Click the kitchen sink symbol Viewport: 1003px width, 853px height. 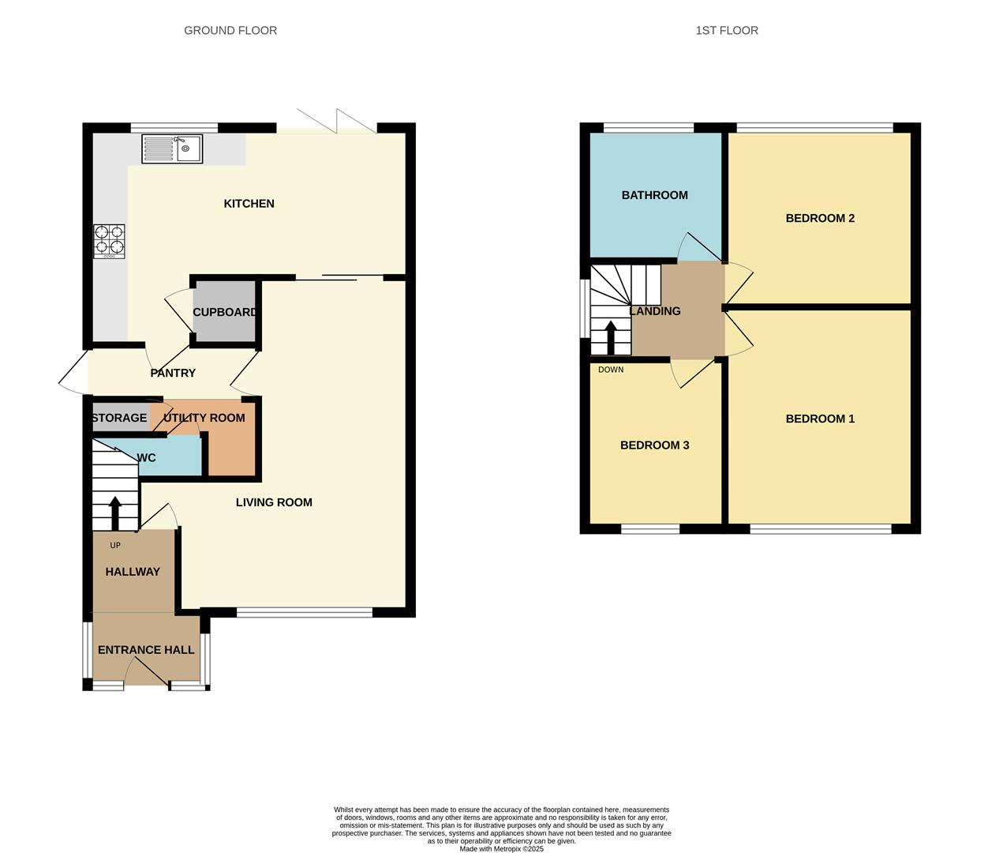[x=172, y=148]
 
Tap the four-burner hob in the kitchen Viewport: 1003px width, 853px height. [x=109, y=242]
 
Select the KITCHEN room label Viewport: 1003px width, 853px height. [x=249, y=204]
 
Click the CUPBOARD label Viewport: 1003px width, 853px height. [x=224, y=312]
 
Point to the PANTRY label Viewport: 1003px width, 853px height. [x=173, y=373]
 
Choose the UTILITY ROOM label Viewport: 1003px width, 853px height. [x=204, y=418]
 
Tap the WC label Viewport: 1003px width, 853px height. [x=147, y=458]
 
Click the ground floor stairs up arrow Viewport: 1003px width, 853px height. [x=114, y=513]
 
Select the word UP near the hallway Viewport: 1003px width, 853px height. [x=115, y=546]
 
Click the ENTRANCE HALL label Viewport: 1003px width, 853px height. [x=146, y=650]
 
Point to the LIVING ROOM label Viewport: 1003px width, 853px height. [x=274, y=502]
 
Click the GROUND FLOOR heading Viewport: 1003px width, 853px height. [x=230, y=31]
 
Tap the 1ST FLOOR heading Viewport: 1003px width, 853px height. [x=727, y=31]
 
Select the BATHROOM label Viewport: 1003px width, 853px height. [x=654, y=195]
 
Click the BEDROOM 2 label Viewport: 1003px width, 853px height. [x=820, y=218]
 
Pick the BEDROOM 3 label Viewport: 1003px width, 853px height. [x=654, y=445]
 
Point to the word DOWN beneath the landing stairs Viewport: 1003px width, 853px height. [x=611, y=370]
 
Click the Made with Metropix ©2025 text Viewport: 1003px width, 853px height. [x=502, y=849]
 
